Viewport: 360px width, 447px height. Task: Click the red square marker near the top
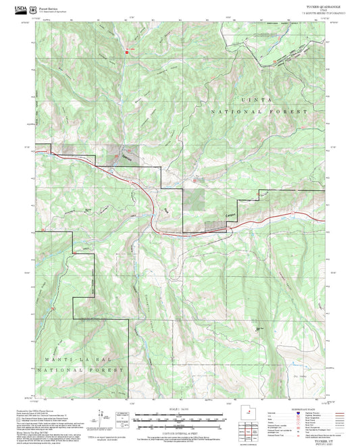(126, 52)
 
